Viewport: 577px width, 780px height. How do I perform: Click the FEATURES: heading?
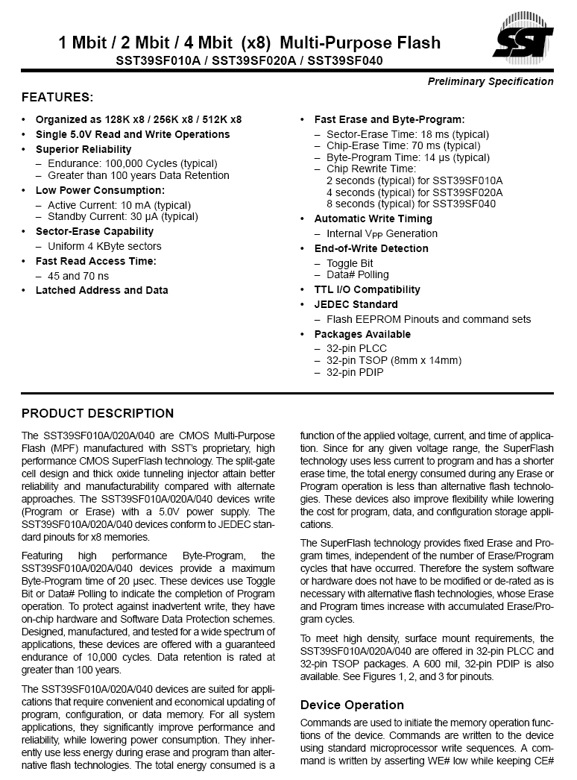57,98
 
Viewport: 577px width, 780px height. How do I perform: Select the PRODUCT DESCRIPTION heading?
98,414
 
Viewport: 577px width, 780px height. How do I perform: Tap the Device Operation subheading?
352,705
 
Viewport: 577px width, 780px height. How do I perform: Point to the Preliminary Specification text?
491,81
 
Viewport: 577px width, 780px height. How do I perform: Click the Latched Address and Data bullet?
101,290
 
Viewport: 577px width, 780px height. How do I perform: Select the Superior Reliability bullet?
83,149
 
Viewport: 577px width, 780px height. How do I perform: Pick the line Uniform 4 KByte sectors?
104,246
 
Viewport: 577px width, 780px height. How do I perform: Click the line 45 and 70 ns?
78,275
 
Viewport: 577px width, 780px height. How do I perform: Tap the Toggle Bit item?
350,263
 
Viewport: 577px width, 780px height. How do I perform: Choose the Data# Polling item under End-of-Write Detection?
358,274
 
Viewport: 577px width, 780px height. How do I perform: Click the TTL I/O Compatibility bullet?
367,289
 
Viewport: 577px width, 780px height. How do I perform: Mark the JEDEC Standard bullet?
356,304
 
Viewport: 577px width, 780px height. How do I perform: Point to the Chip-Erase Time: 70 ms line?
403,145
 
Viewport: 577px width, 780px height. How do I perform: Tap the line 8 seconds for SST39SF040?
411,204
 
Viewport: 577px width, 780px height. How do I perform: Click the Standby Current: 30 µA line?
123,216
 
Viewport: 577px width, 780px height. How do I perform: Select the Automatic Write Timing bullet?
373,218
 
